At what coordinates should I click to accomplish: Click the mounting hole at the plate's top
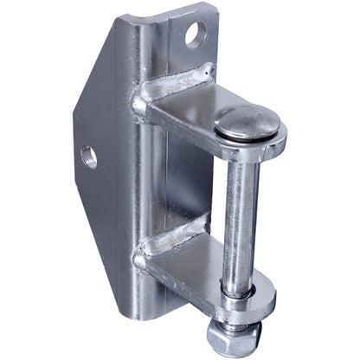tap(196, 35)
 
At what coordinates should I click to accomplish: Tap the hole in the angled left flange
tap(89, 157)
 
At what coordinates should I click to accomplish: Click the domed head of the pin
tap(247, 122)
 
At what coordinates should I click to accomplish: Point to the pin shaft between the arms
tap(240, 216)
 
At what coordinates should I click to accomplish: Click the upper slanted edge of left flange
tap(95, 78)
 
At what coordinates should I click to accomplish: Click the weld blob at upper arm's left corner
tap(140, 106)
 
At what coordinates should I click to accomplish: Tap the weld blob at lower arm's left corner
tap(139, 258)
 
